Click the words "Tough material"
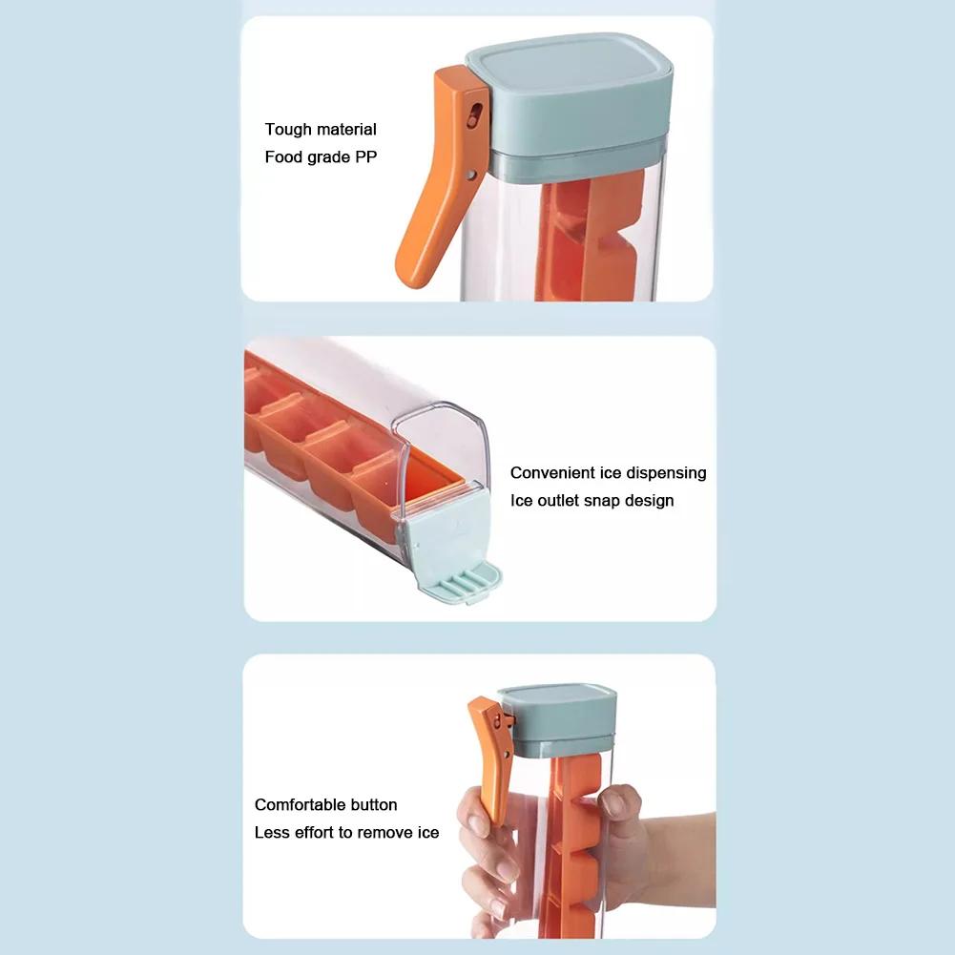pos(321,130)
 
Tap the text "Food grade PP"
pos(321,157)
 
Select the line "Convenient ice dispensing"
pos(608,473)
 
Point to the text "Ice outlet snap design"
pos(592,501)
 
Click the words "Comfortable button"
pos(325,805)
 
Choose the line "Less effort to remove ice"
pos(346,833)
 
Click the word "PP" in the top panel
pos(365,157)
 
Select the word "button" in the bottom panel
pos(372,805)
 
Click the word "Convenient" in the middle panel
pos(551,473)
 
